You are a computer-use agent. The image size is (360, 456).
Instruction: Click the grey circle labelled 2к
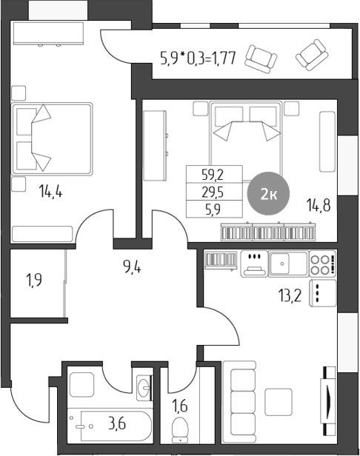268,195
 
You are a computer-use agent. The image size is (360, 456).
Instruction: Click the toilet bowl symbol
179,429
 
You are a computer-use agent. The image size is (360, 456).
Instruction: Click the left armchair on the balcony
260,57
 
